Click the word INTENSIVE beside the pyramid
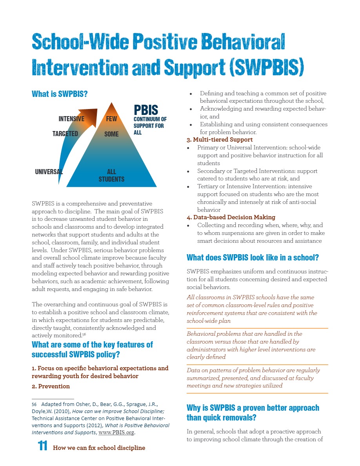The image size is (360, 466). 71,119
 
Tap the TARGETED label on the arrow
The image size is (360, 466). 65,134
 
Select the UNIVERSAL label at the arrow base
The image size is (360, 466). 49,171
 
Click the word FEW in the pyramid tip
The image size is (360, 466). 111,119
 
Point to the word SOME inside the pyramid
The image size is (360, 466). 111,134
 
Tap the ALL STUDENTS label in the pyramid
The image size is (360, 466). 111,175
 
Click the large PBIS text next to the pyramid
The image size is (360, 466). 146,109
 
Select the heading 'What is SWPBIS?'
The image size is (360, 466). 59,94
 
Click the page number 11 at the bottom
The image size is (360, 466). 42,446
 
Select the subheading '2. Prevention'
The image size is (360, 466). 51,386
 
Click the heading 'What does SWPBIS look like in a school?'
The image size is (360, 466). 253,258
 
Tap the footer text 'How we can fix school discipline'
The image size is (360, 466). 99,448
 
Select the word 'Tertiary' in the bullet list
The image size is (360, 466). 208,187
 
